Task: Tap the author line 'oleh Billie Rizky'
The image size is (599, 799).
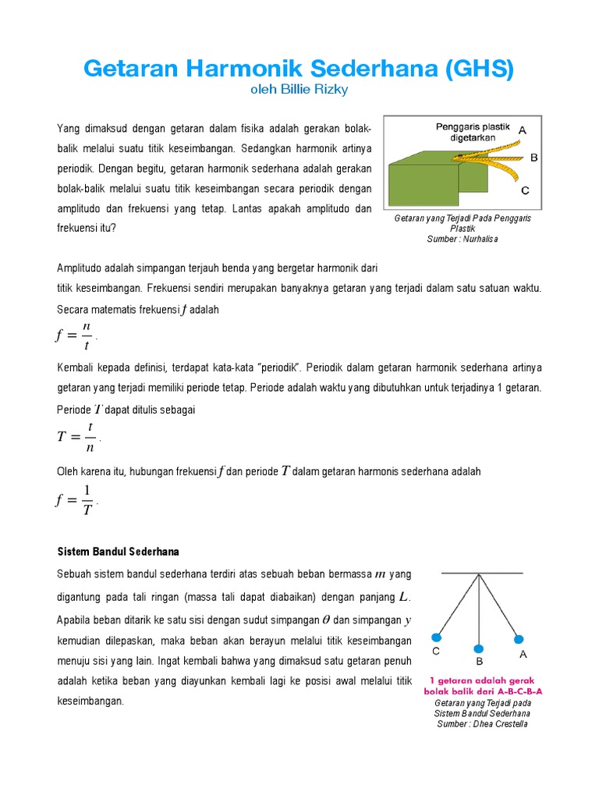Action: pyautogui.click(x=299, y=91)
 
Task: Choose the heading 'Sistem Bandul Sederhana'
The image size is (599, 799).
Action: pyautogui.click(x=119, y=552)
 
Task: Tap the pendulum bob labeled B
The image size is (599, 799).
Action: pyautogui.click(x=480, y=649)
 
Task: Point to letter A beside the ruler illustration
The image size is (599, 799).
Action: pyautogui.click(x=523, y=130)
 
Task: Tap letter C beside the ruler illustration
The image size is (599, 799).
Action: pyautogui.click(x=525, y=190)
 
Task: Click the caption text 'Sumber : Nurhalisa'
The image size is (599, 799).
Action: pyautogui.click(x=463, y=239)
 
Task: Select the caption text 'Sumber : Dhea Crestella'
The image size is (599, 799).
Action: pyautogui.click(x=481, y=724)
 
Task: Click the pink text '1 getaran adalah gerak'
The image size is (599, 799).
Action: pyautogui.click(x=483, y=680)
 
